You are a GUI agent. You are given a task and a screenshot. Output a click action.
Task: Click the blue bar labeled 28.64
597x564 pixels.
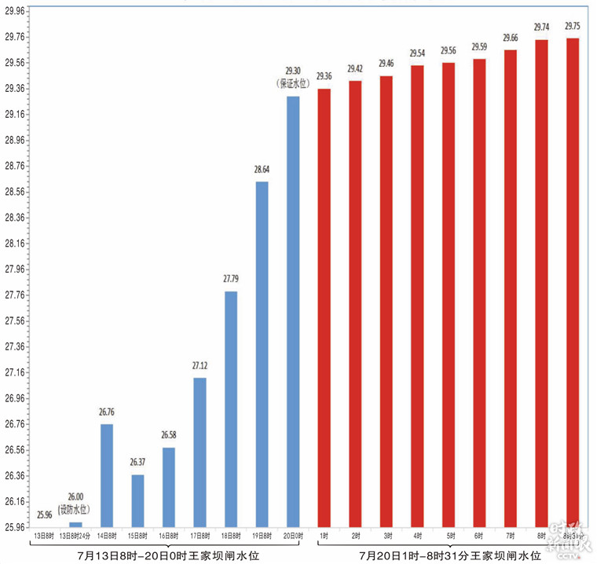pyautogui.click(x=262, y=353)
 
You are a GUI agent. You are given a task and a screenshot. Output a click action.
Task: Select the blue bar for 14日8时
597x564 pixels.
pyautogui.click(x=107, y=475)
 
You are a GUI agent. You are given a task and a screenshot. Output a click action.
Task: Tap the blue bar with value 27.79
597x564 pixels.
pyautogui.click(x=231, y=408)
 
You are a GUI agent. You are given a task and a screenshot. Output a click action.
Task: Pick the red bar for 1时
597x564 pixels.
pyautogui.click(x=324, y=307)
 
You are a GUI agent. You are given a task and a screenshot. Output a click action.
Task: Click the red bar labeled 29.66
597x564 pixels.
pyautogui.click(x=510, y=287)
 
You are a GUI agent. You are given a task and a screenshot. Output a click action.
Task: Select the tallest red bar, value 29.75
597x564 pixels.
pyautogui.click(x=573, y=282)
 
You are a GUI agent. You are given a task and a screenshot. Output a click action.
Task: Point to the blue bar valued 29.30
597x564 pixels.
pyautogui.click(x=293, y=311)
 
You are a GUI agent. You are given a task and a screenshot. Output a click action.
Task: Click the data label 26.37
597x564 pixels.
pyautogui.click(x=137, y=462)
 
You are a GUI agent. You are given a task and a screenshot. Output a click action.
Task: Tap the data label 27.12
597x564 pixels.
pyautogui.click(x=200, y=365)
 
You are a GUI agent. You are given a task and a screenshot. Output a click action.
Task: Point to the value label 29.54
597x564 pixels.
pyautogui.click(x=417, y=53)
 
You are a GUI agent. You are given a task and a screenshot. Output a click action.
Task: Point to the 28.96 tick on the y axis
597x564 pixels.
pyautogui.click(x=15, y=140)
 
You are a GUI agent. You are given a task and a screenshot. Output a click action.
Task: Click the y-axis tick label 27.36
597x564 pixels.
pyautogui.click(x=15, y=346)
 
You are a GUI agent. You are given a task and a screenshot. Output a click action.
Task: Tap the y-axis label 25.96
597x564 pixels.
pyautogui.click(x=15, y=527)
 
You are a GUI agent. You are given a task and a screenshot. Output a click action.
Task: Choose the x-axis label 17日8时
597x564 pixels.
pyautogui.click(x=200, y=537)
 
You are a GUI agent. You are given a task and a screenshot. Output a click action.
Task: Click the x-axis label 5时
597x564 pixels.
pyautogui.click(x=448, y=537)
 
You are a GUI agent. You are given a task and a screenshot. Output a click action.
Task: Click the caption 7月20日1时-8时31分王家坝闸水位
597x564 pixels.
pyautogui.click(x=450, y=555)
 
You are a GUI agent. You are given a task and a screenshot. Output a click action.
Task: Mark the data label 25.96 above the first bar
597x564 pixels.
pyautogui.click(x=45, y=515)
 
